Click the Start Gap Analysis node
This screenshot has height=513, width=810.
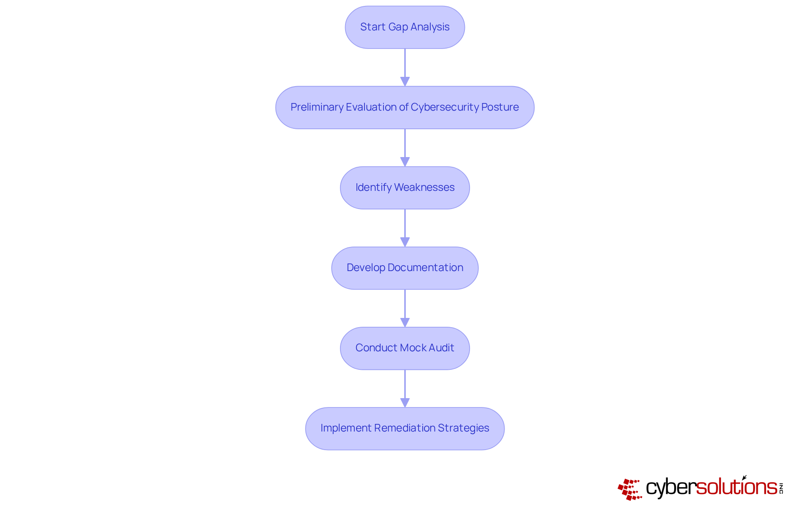405,27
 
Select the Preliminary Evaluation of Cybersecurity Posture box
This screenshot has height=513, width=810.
405,107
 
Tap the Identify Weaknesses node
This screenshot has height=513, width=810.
405,187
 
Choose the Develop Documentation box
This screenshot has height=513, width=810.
405,268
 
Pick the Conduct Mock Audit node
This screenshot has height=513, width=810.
405,348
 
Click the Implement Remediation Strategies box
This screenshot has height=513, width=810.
405,428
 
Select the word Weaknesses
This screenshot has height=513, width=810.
424,187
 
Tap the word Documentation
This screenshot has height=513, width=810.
425,268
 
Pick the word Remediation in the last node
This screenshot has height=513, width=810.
405,428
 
